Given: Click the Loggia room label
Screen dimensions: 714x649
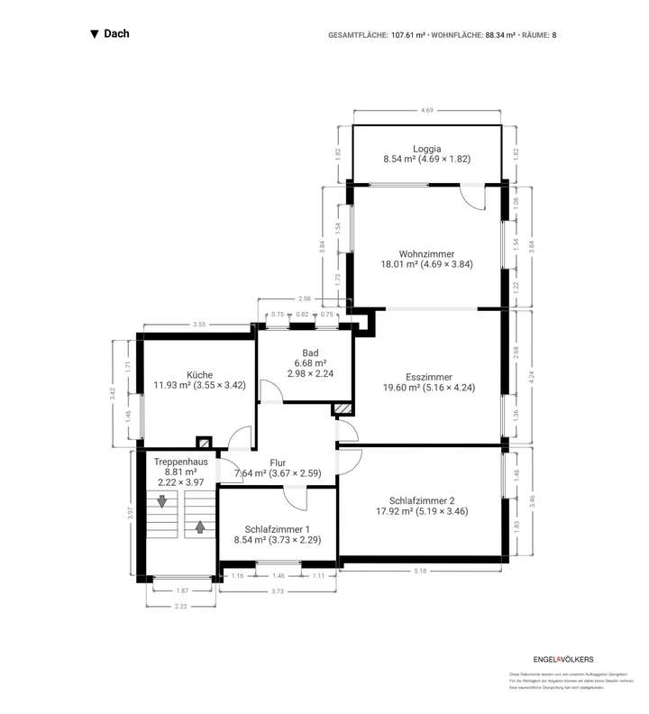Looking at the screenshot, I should (x=428, y=148).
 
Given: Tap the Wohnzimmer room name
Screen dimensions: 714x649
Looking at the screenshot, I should (x=428, y=254).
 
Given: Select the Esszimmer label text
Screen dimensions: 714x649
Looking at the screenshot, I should (x=428, y=377).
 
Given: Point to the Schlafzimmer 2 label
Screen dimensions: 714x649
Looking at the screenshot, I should (x=428, y=500).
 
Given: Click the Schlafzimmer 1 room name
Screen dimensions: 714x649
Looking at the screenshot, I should (x=278, y=529).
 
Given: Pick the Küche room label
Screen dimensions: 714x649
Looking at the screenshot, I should (x=199, y=374).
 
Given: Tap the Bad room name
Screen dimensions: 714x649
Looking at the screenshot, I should (x=310, y=353).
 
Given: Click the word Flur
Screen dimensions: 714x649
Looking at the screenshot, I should (x=278, y=462).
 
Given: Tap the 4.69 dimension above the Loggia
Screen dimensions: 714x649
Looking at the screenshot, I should (x=427, y=110).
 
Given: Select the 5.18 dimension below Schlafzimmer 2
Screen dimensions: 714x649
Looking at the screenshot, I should (x=420, y=571).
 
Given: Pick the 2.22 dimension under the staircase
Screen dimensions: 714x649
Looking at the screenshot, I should (x=181, y=607).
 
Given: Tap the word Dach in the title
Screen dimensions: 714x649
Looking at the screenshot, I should (x=116, y=34).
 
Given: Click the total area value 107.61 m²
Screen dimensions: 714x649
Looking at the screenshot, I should (x=407, y=35).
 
